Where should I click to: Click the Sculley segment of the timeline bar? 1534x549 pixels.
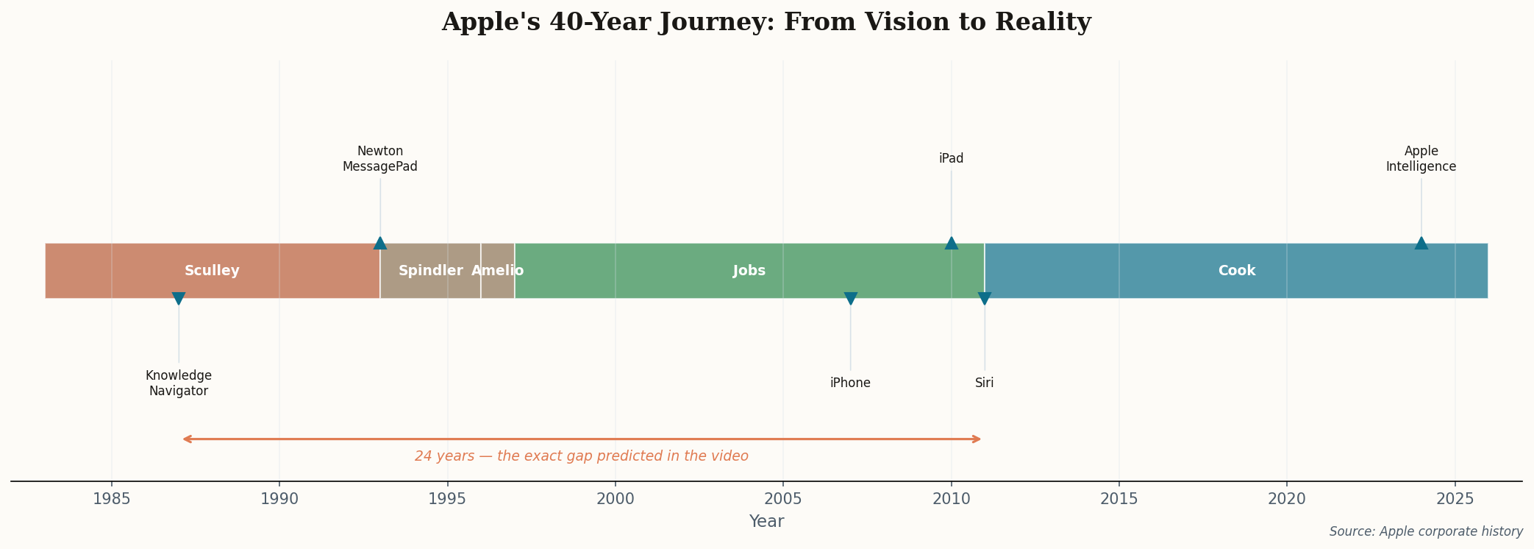coord(212,271)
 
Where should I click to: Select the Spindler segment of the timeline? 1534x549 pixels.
coord(430,271)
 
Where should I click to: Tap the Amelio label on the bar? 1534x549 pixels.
coord(498,271)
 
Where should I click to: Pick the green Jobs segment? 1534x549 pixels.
coord(749,271)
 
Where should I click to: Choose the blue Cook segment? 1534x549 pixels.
coord(1236,271)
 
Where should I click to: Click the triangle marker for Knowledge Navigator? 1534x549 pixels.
coord(179,298)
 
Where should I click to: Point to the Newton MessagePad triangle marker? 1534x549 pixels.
coord(380,244)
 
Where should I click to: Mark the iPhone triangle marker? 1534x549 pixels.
coord(851,298)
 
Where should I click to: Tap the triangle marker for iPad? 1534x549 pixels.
coord(951,244)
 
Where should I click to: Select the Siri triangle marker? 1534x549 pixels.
coord(985,298)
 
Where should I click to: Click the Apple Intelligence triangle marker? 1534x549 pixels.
coord(1421,244)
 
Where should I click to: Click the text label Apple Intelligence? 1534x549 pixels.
coord(1421,159)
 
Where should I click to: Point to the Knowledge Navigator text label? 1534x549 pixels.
coord(179,383)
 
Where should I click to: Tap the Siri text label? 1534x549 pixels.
coord(985,383)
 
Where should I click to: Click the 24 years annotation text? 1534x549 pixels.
coord(581,456)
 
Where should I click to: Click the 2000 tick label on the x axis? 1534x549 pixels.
coord(615,499)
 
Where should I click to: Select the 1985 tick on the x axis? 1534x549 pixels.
coord(112,499)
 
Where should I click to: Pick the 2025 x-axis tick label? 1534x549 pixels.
coord(1455,499)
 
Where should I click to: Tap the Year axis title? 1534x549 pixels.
coord(766,522)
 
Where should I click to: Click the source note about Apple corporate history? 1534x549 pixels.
coord(1425,531)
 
